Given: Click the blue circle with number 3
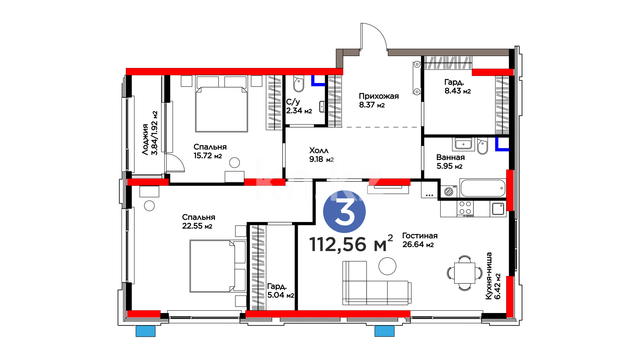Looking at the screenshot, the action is pos(344,211).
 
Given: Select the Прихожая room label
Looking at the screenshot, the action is pos(379,100).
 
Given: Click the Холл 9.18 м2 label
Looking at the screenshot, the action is pos(321,155).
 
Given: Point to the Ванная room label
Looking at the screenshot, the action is pos(450,162).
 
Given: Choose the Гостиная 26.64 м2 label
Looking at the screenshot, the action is pos(420,240).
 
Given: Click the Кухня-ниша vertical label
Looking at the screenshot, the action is pos(493,276).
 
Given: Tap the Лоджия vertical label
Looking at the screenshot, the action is pos(150,133).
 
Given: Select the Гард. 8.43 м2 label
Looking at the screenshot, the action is pos(457,86).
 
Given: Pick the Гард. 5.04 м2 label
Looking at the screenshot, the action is pos(280,291).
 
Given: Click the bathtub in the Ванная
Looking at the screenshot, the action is pos(483,188).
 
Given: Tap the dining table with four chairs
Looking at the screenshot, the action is pos(464,273).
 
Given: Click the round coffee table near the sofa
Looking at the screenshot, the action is pos(387,266).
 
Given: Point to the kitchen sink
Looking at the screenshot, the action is pos(498,209).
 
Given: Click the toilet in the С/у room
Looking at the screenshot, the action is pos(299,83).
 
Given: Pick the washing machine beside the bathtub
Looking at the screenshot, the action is pos(449,191).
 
